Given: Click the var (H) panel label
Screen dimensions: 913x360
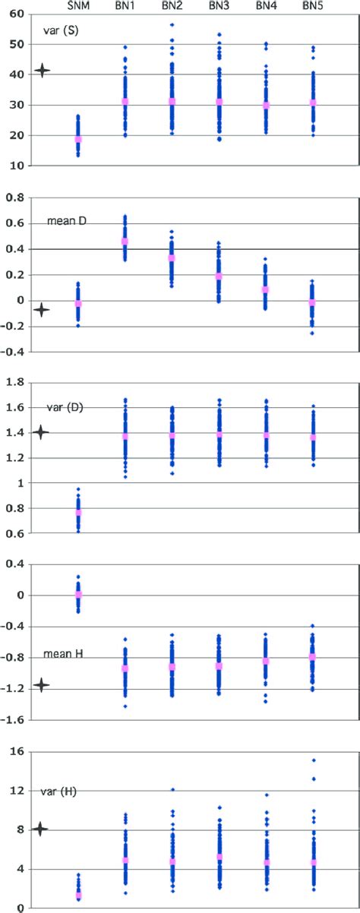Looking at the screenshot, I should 62,791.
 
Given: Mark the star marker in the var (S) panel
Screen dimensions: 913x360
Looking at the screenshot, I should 43,71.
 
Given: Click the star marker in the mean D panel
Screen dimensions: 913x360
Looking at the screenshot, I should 43,309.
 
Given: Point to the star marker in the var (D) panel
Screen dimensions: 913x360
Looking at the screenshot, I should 42,432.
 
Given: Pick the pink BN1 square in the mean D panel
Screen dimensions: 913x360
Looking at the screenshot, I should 125,242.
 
